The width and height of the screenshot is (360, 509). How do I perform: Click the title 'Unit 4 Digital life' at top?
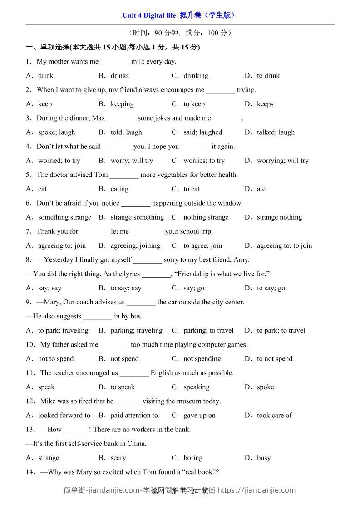149,15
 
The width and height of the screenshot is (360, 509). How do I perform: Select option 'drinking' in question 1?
196,76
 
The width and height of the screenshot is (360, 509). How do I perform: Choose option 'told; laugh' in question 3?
126,132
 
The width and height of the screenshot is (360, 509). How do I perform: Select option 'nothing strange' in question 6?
206,217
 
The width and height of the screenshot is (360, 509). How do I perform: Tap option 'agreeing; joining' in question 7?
135,245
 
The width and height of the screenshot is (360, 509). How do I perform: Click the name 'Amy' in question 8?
241,260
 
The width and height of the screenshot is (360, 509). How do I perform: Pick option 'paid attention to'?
134,415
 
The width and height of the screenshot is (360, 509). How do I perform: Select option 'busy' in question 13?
264,458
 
